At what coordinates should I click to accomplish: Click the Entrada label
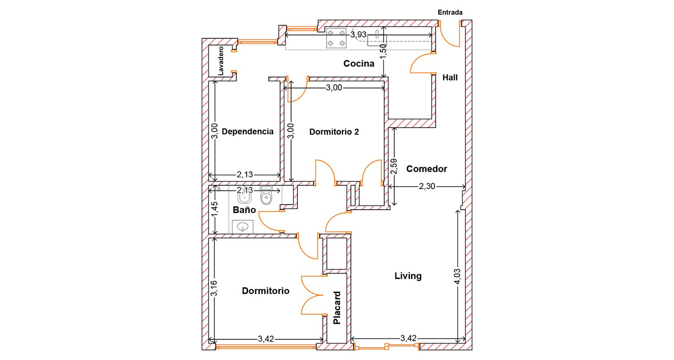point(450,13)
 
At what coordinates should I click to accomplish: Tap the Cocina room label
point(358,64)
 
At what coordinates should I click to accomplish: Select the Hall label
point(450,77)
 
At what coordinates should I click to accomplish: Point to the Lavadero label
point(221,61)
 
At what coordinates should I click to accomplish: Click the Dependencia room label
point(248,131)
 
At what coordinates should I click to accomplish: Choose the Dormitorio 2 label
point(334,132)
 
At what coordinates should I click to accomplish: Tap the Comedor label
point(427,169)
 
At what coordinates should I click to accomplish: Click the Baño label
point(244,210)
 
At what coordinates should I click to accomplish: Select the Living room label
point(408,276)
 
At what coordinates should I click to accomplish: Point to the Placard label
point(337,308)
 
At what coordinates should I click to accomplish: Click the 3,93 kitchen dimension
point(358,35)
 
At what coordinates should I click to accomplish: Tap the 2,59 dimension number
point(393,167)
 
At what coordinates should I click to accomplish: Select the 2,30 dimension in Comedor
point(427,187)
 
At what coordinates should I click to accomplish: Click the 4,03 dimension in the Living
point(457,276)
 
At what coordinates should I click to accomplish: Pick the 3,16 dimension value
point(214,288)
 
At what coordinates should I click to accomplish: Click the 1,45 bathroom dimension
point(214,209)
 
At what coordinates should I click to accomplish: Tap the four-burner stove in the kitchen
point(337,38)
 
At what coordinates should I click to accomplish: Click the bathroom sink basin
point(243,227)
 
